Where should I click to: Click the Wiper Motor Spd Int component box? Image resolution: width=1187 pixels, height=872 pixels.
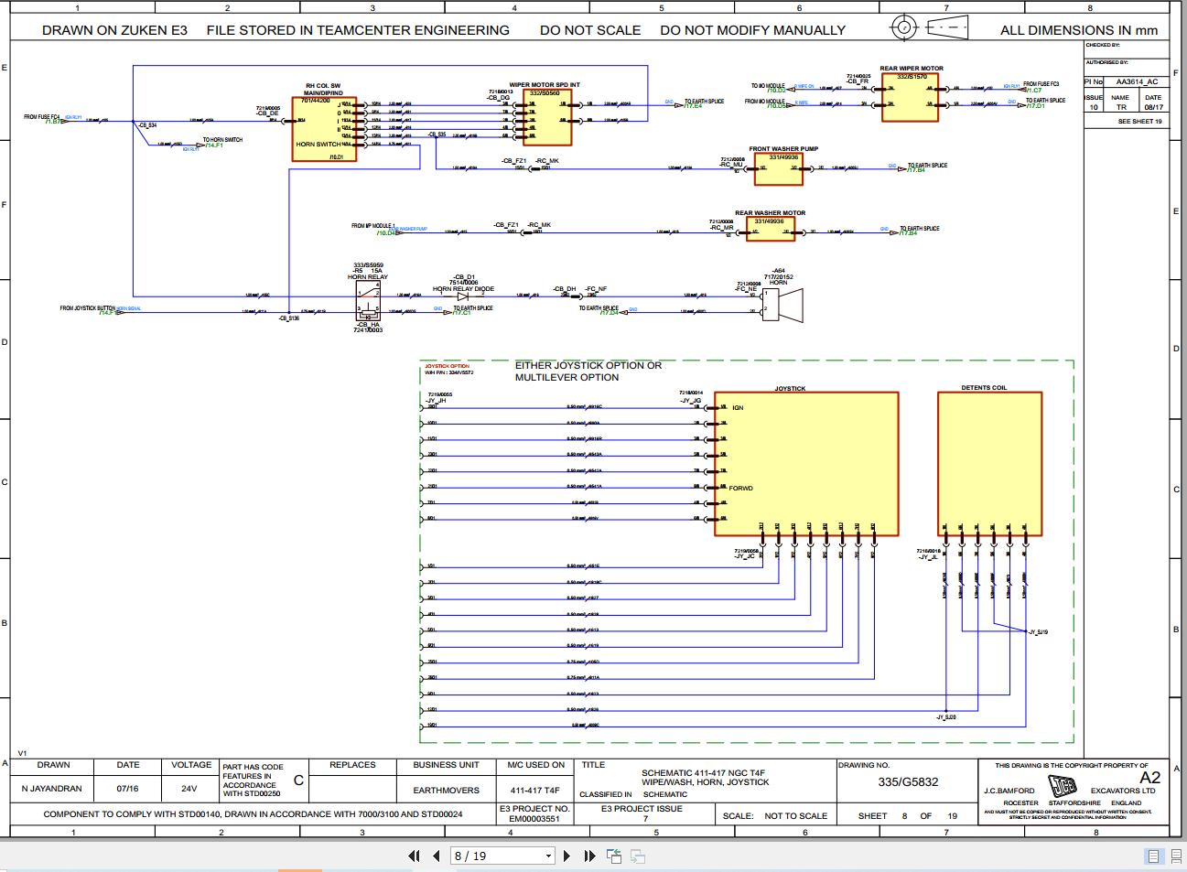[547, 117]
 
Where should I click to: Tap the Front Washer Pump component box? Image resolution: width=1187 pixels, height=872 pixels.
[783, 167]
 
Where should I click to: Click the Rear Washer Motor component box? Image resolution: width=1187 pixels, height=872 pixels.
[770, 229]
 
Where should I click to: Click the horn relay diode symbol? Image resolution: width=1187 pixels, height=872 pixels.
[463, 296]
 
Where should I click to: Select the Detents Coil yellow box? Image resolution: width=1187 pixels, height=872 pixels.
[989, 464]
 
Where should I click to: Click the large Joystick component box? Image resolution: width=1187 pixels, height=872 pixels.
[805, 464]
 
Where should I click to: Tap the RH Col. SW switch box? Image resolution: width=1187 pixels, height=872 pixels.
[323, 129]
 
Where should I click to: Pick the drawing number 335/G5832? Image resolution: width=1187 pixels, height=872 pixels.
[908, 782]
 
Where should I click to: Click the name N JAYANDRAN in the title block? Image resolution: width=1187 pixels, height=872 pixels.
[52, 789]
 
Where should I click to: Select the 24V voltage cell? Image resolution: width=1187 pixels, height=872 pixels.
[189, 789]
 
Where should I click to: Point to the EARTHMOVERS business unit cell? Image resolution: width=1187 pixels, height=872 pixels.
[446, 790]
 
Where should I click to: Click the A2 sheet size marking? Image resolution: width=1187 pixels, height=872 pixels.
[1149, 777]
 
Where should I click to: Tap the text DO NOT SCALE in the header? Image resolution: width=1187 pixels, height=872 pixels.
[590, 30]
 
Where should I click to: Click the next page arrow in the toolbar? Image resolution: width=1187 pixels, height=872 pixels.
[567, 856]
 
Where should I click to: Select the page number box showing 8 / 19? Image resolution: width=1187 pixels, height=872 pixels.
[502, 856]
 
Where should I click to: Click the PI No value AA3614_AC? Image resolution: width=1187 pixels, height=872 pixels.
[1137, 81]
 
